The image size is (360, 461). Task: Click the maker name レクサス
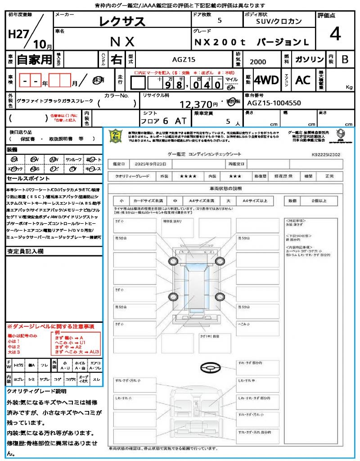[x=122, y=21]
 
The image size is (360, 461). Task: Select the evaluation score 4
[x=334, y=34]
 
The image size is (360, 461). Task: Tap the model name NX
[x=122, y=41]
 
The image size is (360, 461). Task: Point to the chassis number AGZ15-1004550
[x=274, y=103]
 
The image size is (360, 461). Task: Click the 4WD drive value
[x=266, y=80]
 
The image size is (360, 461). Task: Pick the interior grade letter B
[x=344, y=59]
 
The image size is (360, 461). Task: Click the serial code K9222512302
[x=332, y=154]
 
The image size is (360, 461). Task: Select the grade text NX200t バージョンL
[x=252, y=42]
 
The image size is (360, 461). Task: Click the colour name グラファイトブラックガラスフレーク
[x=55, y=101]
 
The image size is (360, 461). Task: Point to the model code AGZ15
[x=184, y=59]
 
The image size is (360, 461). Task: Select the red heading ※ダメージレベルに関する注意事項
[x=50, y=326]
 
